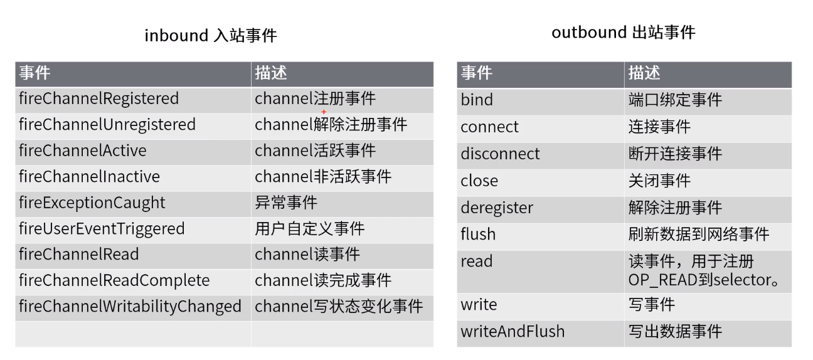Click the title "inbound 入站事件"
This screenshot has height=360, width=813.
point(210,35)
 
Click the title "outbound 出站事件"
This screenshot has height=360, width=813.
point(623,32)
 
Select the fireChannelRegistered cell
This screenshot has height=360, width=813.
point(98,98)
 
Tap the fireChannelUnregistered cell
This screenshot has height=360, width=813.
point(107,124)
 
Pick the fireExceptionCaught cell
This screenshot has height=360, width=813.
point(92,203)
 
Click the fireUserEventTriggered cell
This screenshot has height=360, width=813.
point(102,228)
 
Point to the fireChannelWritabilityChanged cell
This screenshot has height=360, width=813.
point(130,306)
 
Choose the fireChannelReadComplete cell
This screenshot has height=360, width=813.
point(114,280)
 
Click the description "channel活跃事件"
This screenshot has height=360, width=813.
point(315,151)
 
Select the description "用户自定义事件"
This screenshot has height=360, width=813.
point(309,228)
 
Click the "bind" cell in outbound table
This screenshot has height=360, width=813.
point(477,100)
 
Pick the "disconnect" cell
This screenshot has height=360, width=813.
point(500,154)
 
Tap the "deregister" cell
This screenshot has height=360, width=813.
point(497,208)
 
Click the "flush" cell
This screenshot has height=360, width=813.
point(478,234)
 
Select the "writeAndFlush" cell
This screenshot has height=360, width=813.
point(513,331)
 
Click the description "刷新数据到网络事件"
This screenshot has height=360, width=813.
point(698,234)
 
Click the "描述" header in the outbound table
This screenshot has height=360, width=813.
point(644,73)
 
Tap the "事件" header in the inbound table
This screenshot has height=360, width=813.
point(35,73)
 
